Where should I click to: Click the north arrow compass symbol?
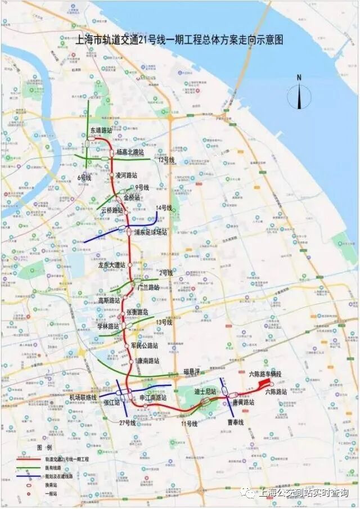[x=299, y=94]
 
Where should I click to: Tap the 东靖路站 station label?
[x=102, y=130]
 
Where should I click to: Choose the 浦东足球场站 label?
[x=150, y=232]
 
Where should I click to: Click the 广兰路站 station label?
[x=148, y=287]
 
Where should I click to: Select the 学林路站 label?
[x=108, y=326]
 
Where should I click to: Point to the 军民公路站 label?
[x=144, y=345]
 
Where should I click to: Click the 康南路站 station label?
[x=147, y=361]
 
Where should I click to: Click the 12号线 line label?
[x=166, y=160]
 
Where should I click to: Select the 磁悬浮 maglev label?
[x=192, y=372]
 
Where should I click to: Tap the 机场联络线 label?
[x=83, y=397]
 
